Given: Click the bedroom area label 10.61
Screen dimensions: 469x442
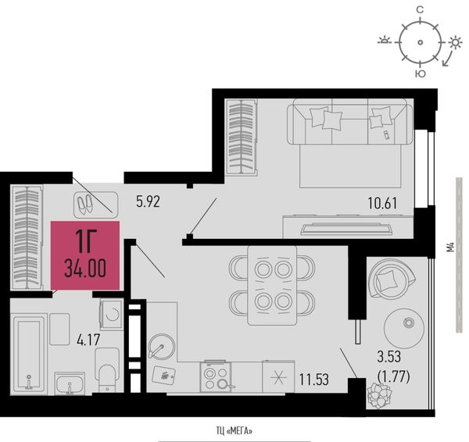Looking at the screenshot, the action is point(382,204).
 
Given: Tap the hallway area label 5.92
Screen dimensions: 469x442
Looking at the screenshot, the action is point(148,201).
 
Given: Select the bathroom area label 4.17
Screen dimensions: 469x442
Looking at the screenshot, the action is point(88,340).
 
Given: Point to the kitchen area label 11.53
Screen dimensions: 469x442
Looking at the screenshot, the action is point(314,380).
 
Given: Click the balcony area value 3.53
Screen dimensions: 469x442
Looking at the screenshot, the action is point(388,357).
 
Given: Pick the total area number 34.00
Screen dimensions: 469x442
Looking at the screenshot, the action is point(85,269).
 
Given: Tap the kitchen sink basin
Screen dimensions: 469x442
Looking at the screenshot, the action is point(162,346).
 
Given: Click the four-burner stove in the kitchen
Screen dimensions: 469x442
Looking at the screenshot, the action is point(216,376).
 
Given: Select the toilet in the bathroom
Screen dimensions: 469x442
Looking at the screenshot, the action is point(107,370).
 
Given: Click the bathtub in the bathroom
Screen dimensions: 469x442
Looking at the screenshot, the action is point(28,354).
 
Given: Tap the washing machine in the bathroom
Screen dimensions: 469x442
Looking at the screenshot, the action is point(111,314).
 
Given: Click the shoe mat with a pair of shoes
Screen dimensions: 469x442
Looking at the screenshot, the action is point(95,205).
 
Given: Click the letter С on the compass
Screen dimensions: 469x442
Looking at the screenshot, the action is point(420,10).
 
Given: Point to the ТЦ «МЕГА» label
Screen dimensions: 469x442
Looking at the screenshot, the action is point(234,431).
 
